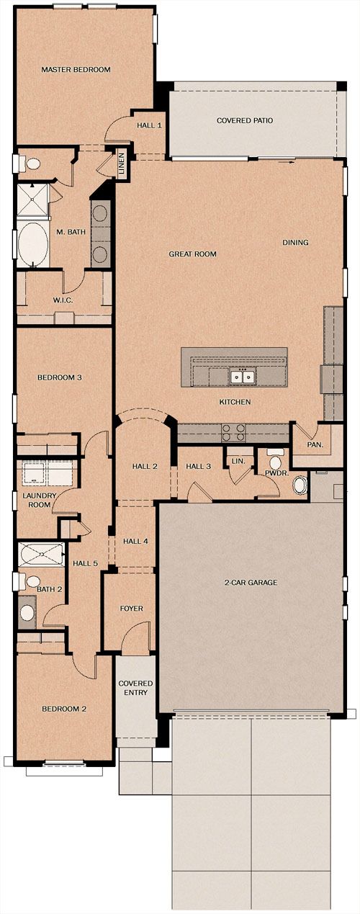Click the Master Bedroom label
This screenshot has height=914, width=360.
[x=76, y=69]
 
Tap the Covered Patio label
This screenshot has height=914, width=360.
[x=245, y=120]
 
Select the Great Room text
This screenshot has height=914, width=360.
[x=192, y=254]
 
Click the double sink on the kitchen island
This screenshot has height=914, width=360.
[x=243, y=377]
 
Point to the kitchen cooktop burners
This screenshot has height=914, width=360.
[x=233, y=433]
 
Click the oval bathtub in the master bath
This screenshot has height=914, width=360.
[x=32, y=244]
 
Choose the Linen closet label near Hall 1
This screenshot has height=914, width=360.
[x=122, y=163]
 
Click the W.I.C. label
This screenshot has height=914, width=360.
[x=63, y=300]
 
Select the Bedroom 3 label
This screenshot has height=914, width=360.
[x=60, y=377]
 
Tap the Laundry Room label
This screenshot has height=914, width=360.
[x=40, y=501]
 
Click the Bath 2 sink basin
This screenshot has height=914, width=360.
[x=27, y=611]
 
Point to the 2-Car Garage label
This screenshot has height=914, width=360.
[x=251, y=582]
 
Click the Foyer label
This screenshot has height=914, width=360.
[x=131, y=609]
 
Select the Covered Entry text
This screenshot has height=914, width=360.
[x=136, y=688]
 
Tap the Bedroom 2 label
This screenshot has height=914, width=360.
[x=64, y=709]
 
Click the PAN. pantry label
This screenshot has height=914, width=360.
[x=315, y=445]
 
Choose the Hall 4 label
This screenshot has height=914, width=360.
[x=135, y=542]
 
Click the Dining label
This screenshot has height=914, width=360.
[x=296, y=243]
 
